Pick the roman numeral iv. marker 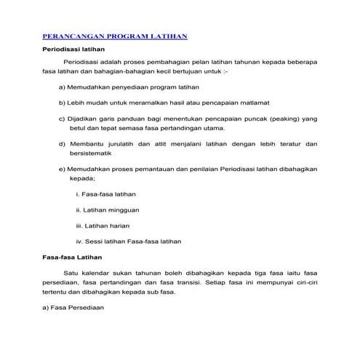point(79,241)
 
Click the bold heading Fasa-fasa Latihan point(73,258)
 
